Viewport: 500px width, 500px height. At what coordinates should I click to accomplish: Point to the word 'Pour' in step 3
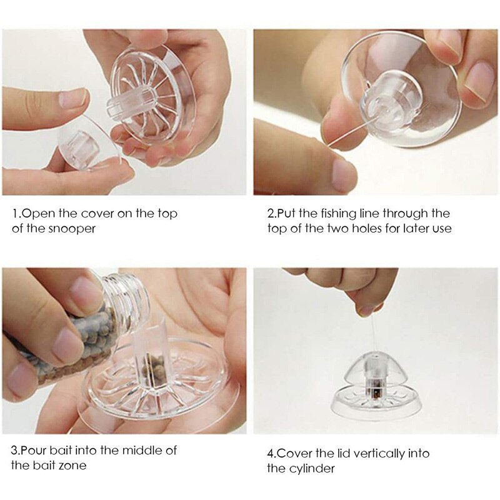coord(39,450)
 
